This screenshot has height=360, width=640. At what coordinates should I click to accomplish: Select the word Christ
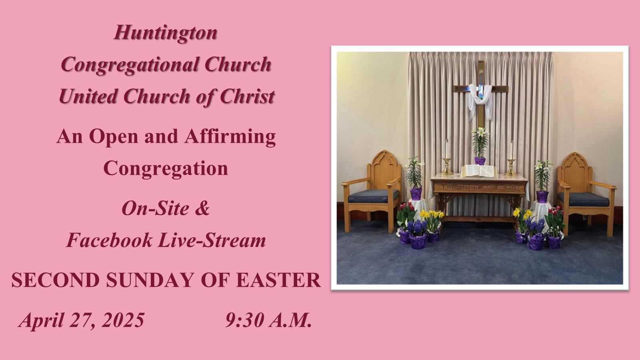tap(247, 96)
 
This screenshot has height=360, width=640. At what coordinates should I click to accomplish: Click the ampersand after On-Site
tap(202, 208)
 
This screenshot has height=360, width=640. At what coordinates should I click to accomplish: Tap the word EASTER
tap(278, 280)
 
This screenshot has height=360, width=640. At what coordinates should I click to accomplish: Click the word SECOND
tap(56, 280)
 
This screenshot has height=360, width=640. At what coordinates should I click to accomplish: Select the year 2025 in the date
tap(123, 320)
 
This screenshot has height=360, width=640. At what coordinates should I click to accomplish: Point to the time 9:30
tap(244, 320)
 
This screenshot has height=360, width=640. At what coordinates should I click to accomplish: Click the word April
tap(42, 320)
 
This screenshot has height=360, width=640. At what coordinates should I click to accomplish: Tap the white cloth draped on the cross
tap(480, 100)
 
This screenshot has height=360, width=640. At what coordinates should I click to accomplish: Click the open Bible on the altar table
tap(479, 172)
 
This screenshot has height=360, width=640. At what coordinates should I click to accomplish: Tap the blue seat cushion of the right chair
tap(583, 199)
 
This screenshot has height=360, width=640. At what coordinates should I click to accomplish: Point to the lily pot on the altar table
tap(480, 160)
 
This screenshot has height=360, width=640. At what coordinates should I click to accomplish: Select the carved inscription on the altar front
tap(479, 188)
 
